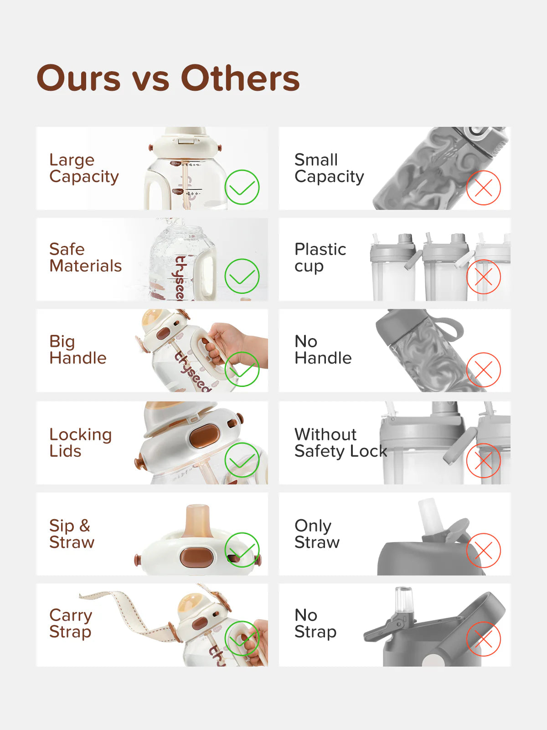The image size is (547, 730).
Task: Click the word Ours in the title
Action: coord(79,78)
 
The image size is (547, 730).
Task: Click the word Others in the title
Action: coord(240,78)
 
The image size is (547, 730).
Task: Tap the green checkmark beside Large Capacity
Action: coord(242,187)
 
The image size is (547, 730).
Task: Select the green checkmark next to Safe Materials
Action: coord(242,276)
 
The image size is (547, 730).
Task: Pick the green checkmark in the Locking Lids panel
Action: coord(242,460)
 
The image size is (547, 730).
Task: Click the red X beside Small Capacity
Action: coord(484,188)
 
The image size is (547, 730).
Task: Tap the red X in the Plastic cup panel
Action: coord(484,276)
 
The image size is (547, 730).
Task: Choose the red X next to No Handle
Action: coord(484,370)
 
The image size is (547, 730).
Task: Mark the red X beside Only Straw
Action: coord(484,550)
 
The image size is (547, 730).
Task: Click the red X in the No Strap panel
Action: coord(484,639)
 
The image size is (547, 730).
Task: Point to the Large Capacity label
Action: coord(84,168)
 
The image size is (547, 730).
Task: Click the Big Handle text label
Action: coord(77,350)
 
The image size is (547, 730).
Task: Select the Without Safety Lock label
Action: coord(341,443)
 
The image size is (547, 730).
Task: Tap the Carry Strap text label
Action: coord(71,624)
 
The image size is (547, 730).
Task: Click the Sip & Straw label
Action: coord(72,534)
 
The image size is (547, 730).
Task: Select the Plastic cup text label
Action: coord(320,258)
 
